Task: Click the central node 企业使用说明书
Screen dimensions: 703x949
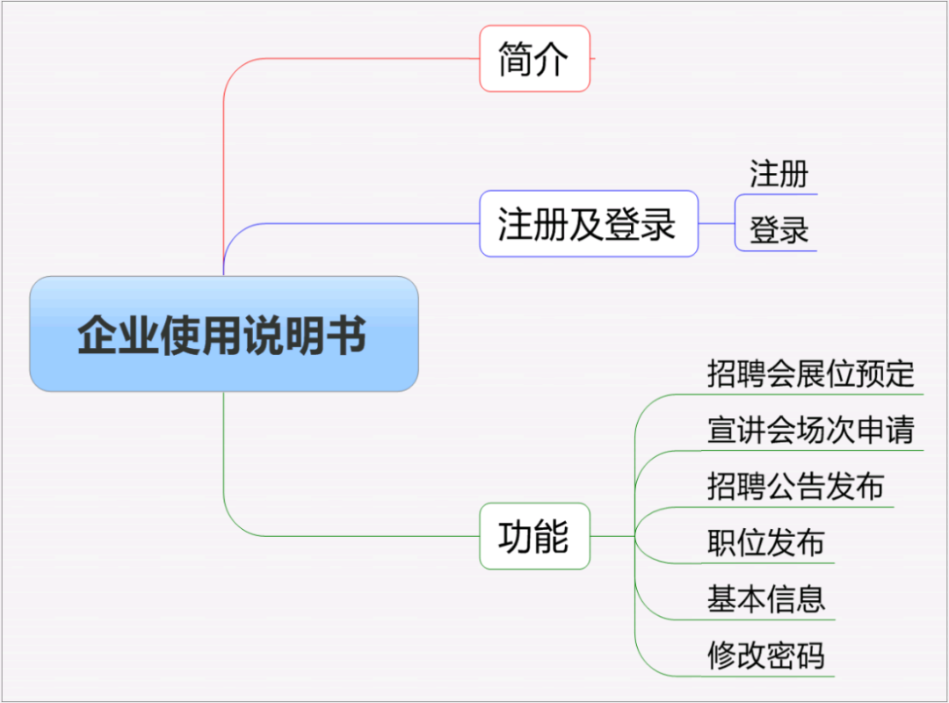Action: [223, 334]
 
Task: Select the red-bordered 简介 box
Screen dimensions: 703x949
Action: [534, 59]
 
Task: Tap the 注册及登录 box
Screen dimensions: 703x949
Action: [588, 223]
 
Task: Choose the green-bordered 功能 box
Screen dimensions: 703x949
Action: [534, 536]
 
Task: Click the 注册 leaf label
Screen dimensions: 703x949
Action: [779, 174]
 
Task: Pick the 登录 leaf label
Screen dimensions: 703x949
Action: [779, 230]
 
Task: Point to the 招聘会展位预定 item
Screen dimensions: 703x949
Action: [810, 373]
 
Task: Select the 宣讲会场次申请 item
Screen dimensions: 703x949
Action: [810, 430]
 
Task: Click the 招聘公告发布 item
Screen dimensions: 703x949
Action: [795, 486]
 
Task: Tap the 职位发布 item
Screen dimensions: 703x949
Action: [765, 542]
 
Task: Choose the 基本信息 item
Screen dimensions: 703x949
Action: [765, 598]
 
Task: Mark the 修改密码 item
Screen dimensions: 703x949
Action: [765, 655]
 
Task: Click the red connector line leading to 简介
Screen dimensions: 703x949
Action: [351, 59]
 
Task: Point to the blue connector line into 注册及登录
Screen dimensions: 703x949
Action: [351, 223]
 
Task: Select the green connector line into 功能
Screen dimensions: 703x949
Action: [351, 536]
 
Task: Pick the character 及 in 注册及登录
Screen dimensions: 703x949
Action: [587, 223]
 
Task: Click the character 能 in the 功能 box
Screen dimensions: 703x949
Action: [552, 536]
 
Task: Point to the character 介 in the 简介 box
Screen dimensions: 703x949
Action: [552, 59]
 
